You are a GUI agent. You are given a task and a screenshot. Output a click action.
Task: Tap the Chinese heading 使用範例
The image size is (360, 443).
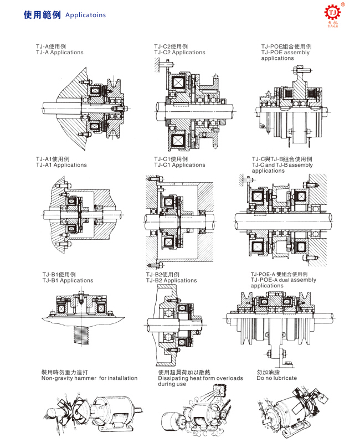click(42, 15)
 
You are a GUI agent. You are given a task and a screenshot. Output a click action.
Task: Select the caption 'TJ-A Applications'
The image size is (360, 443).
click(59, 53)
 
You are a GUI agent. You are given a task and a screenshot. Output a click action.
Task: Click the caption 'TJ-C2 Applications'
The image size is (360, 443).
click(179, 53)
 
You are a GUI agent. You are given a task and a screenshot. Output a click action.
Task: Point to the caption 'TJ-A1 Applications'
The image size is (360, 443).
click(61, 165)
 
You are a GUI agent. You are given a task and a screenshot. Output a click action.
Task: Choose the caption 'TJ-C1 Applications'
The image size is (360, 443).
click(179, 165)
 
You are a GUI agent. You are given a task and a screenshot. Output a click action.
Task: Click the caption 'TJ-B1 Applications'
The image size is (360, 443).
click(68, 281)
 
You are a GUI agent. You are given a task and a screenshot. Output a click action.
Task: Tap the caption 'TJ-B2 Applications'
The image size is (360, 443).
click(171, 281)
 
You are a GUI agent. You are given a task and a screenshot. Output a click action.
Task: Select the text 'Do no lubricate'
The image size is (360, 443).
click(277, 378)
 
